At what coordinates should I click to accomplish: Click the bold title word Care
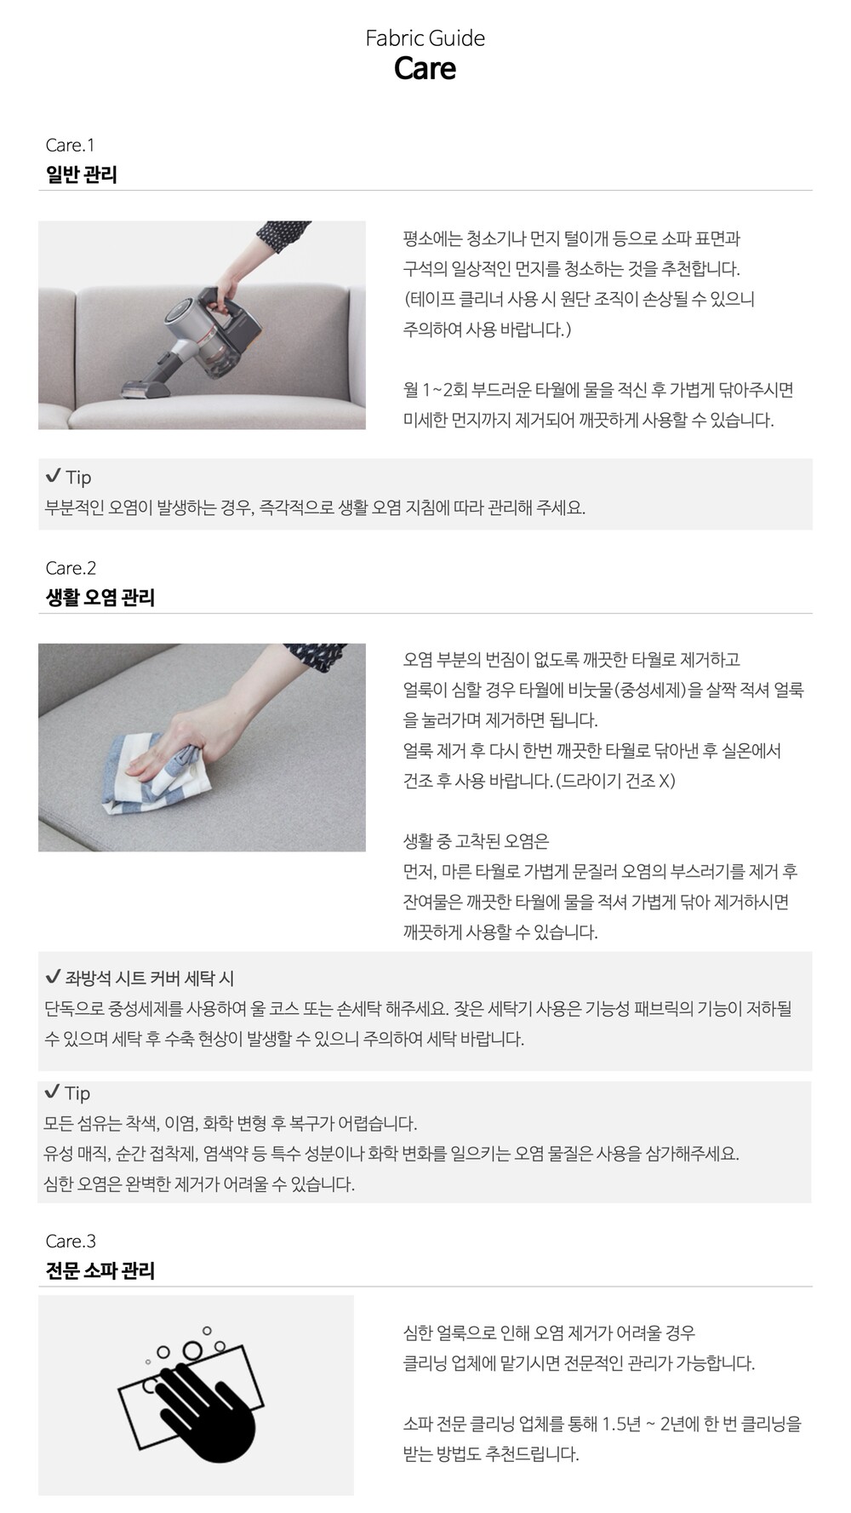tap(425, 69)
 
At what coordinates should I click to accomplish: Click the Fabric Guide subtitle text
tap(425, 38)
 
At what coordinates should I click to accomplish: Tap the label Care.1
tap(70, 146)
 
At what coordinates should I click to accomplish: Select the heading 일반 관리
tap(81, 175)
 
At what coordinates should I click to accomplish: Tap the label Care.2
tap(71, 568)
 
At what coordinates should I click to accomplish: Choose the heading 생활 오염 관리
tap(100, 597)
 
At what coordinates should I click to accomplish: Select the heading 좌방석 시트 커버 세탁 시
tap(150, 978)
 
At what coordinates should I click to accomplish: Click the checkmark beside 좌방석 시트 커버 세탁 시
tap(53, 977)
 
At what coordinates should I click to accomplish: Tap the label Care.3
tap(71, 1241)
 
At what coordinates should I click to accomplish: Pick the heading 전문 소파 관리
tap(100, 1270)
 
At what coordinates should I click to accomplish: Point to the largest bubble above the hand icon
tap(193, 1351)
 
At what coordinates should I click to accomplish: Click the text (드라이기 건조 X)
tap(615, 781)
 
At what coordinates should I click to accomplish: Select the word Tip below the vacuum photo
tap(78, 478)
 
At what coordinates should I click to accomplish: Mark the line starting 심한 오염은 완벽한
tap(199, 1184)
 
